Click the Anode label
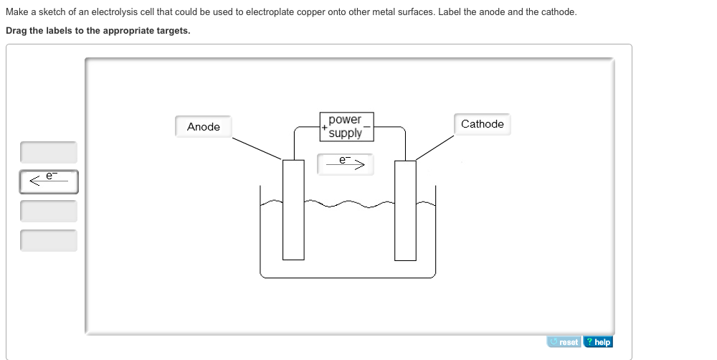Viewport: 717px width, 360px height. click(x=204, y=127)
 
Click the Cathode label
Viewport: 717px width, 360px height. click(x=482, y=124)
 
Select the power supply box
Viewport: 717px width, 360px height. click(x=346, y=126)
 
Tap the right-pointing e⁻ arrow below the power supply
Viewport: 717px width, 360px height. click(x=346, y=164)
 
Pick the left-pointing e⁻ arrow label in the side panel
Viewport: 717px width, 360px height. click(x=49, y=181)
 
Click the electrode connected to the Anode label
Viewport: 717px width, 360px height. click(x=293, y=209)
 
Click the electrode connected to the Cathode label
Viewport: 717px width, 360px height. click(x=405, y=209)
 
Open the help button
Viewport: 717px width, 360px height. click(x=598, y=342)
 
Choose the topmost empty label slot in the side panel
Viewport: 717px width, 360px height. click(x=49, y=152)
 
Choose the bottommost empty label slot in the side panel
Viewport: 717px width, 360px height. click(x=49, y=240)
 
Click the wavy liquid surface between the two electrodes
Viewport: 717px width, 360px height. click(x=349, y=205)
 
